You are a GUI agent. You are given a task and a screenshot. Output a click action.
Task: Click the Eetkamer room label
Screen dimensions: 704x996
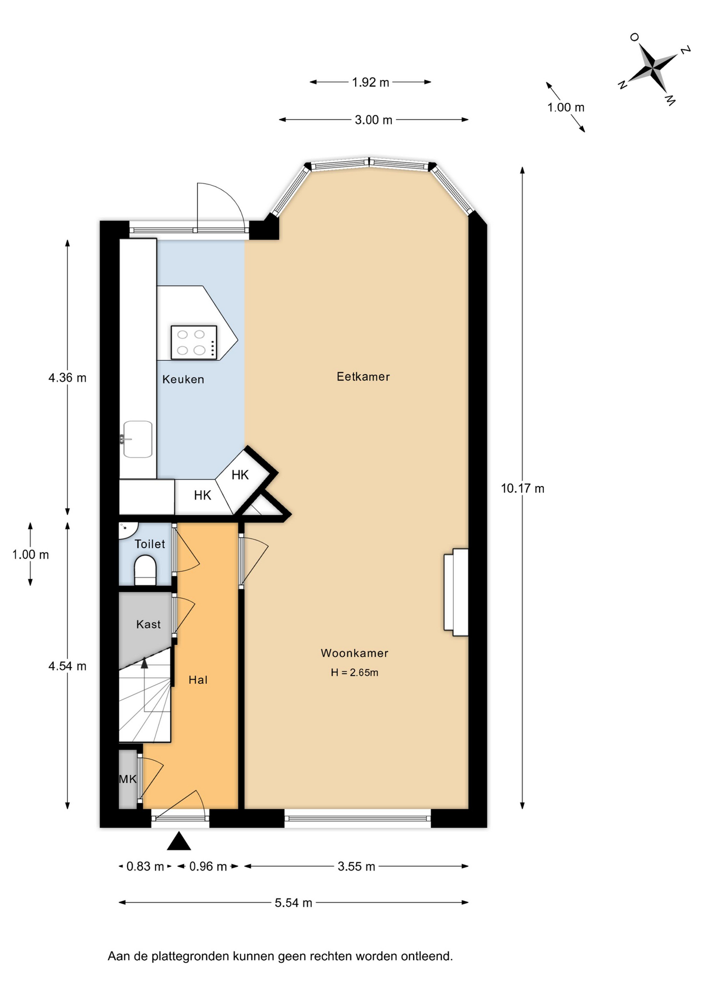[x=363, y=377]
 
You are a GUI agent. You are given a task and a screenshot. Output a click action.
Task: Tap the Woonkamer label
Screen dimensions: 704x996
[x=355, y=653]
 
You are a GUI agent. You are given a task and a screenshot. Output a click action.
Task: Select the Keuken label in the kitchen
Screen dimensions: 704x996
[x=183, y=379]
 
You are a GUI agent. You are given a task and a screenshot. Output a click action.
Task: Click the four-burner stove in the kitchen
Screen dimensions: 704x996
[x=194, y=342]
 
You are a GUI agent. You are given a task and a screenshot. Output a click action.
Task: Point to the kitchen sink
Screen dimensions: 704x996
[x=137, y=439]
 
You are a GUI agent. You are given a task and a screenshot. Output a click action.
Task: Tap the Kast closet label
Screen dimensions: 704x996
[x=148, y=624]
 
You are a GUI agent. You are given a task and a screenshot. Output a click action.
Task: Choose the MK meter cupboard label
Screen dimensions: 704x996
[x=128, y=779]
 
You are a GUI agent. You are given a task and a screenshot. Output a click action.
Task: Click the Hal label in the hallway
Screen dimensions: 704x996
[x=198, y=680]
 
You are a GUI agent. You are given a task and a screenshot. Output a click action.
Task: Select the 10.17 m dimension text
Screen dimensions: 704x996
[x=523, y=488]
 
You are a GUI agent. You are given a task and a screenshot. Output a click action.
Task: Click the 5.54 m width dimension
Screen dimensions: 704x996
[x=293, y=903]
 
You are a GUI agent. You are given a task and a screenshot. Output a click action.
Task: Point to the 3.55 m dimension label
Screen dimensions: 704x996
[x=356, y=866]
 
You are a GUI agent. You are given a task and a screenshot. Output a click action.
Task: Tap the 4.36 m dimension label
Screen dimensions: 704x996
[x=67, y=378]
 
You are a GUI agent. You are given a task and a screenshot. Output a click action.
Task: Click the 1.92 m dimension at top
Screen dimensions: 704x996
[x=370, y=82]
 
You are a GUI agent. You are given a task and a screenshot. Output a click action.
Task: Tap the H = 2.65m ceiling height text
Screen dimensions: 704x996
[x=355, y=672]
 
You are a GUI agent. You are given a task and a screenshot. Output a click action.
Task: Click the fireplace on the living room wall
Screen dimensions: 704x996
[x=456, y=592]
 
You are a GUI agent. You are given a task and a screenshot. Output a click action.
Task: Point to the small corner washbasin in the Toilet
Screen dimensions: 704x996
[x=127, y=530]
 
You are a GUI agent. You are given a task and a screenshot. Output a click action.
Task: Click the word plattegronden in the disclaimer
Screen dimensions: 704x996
[x=190, y=956]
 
